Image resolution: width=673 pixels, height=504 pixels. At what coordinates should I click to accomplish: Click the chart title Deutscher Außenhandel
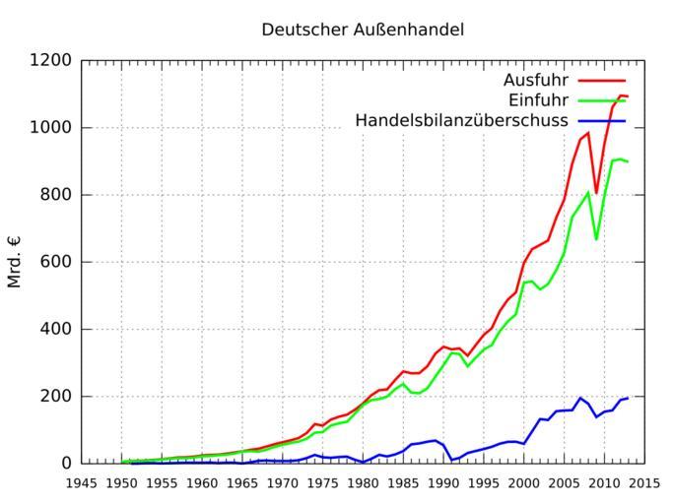point(363,30)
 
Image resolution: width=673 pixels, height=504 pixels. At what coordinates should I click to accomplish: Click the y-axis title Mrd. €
point(15,261)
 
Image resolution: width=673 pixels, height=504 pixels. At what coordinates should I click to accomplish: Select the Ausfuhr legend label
point(536,80)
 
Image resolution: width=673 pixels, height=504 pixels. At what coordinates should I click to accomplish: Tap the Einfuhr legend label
point(539,100)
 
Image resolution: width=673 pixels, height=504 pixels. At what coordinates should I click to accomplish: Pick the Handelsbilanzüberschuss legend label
point(461,121)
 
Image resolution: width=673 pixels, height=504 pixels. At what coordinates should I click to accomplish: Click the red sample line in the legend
point(602,80)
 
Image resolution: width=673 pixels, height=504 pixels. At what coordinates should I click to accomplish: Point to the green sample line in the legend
point(602,100)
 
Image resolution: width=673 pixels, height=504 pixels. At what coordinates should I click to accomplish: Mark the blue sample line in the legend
point(602,121)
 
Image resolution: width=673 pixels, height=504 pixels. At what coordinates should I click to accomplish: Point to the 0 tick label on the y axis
point(66,463)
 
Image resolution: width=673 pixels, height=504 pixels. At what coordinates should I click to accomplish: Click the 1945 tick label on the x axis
point(82,483)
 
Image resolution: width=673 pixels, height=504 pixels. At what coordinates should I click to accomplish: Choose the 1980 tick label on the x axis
point(364,483)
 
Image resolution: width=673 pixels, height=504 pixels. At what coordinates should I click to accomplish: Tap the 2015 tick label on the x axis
point(645,483)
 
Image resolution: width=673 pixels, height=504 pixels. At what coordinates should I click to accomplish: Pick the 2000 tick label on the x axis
point(524,483)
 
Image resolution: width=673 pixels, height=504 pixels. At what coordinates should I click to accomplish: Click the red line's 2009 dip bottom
point(596,193)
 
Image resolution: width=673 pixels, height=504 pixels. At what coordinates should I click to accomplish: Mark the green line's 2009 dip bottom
point(596,239)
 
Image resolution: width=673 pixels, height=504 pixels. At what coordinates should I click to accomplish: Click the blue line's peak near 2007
point(580,398)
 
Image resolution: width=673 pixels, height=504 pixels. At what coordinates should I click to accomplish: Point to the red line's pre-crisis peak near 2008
point(588,133)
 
